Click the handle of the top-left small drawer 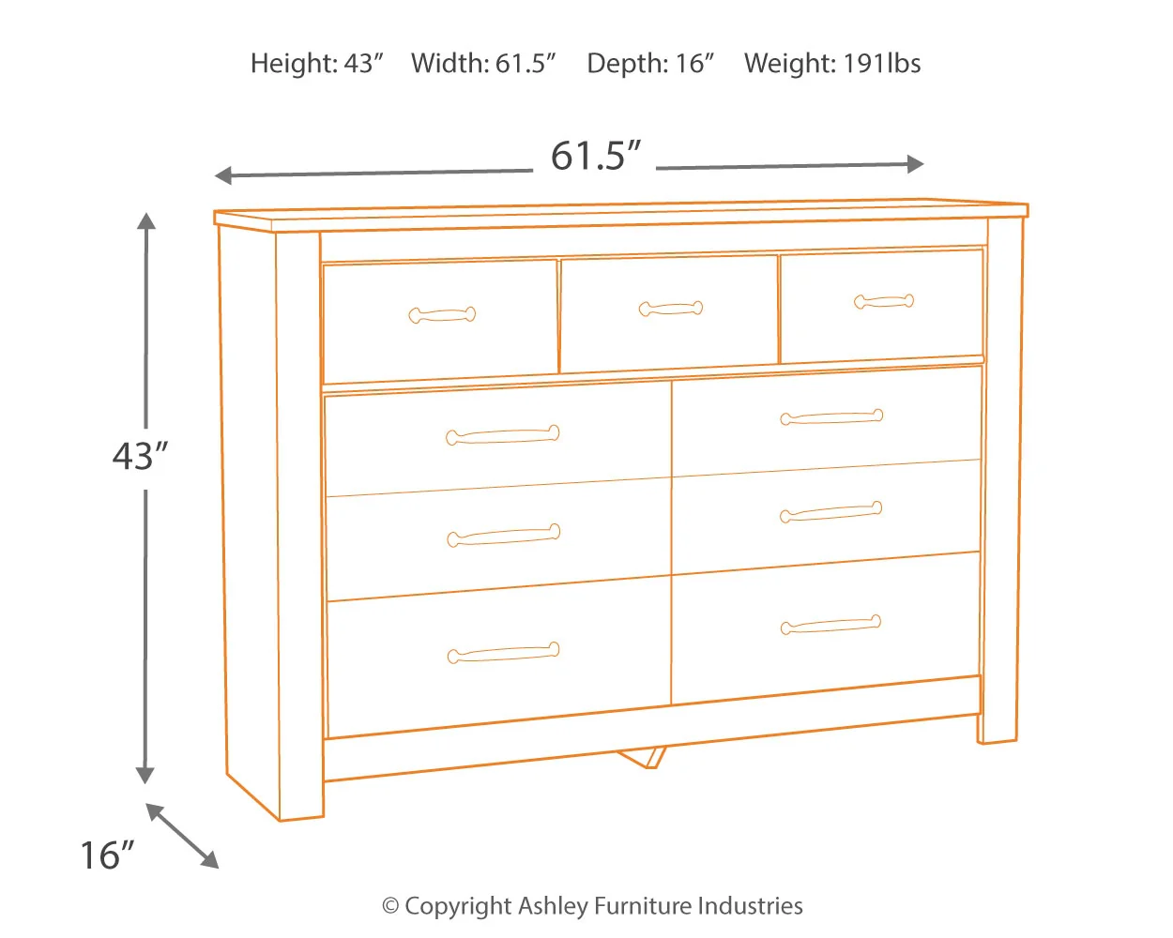click(442, 314)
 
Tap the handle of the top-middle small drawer click(670, 308)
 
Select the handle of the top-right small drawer click(884, 301)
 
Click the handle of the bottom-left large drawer click(503, 653)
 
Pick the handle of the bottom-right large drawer click(830, 625)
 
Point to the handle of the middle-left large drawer click(503, 536)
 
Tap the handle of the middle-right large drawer click(830, 512)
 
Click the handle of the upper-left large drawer click(502, 435)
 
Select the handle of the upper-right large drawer click(831, 417)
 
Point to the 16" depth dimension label click(106, 855)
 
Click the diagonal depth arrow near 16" click(182, 836)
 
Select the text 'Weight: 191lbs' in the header click(831, 64)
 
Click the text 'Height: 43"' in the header click(317, 64)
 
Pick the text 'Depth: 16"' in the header click(650, 64)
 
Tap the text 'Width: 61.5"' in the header click(483, 64)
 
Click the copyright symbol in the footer click(390, 906)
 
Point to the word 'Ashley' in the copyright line click(553, 906)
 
